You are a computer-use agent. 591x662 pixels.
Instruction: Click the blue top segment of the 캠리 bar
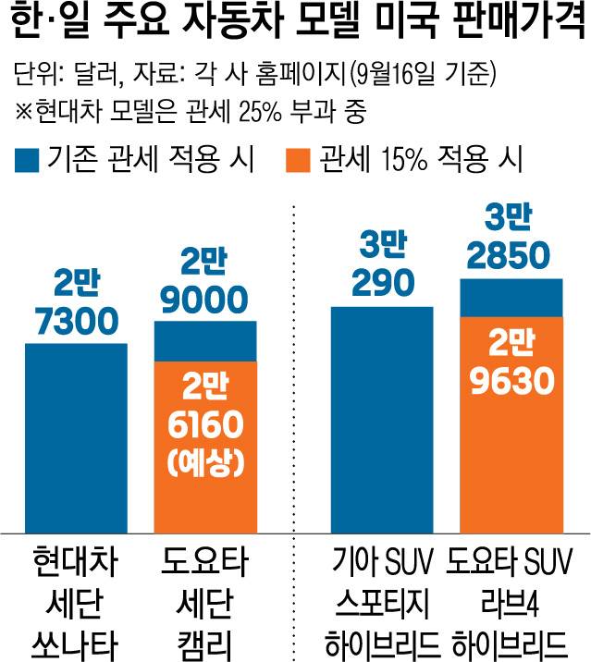pos(204,341)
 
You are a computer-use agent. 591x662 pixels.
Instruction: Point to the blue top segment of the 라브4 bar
pos(511,297)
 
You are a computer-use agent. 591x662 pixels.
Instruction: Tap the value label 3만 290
pos(381,266)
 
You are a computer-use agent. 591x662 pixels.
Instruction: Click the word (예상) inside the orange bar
pos(206,462)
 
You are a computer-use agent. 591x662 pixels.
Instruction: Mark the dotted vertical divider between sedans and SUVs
pos(295,370)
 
